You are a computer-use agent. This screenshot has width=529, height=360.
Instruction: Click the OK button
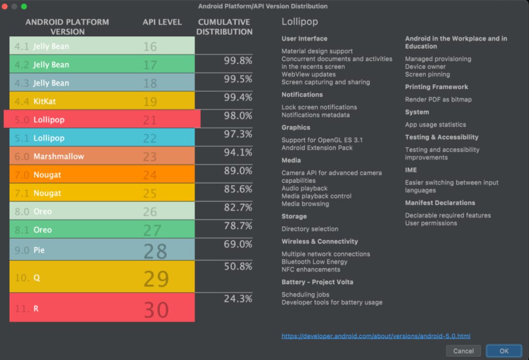coord(504,351)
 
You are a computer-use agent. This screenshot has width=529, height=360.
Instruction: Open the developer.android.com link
coord(376,336)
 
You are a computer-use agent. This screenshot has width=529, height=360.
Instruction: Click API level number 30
coord(156,310)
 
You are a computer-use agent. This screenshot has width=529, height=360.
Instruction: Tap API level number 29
coord(156,278)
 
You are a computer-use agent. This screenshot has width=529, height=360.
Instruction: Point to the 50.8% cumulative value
coord(238,266)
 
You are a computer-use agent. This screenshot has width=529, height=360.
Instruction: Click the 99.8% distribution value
coord(238,61)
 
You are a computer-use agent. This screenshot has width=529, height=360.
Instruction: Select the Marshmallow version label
coord(58,157)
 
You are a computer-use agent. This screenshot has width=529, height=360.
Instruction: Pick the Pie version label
coord(39,250)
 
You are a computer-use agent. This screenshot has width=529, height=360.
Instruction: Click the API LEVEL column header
coord(162,22)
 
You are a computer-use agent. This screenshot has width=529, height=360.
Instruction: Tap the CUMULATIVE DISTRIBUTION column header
coord(224,27)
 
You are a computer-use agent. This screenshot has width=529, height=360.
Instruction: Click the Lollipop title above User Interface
coord(300,21)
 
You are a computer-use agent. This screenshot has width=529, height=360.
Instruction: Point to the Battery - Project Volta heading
coord(317,282)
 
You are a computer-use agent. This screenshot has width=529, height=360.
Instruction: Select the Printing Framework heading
coord(436,87)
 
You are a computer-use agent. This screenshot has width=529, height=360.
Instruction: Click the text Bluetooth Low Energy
coord(314,262)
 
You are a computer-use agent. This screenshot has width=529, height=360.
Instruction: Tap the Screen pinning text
coord(427,74)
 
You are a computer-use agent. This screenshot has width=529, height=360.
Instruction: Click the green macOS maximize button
coord(24,6)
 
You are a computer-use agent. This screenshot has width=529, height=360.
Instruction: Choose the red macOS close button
coord(5,6)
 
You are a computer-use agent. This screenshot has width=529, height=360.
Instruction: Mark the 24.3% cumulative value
coord(238,299)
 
